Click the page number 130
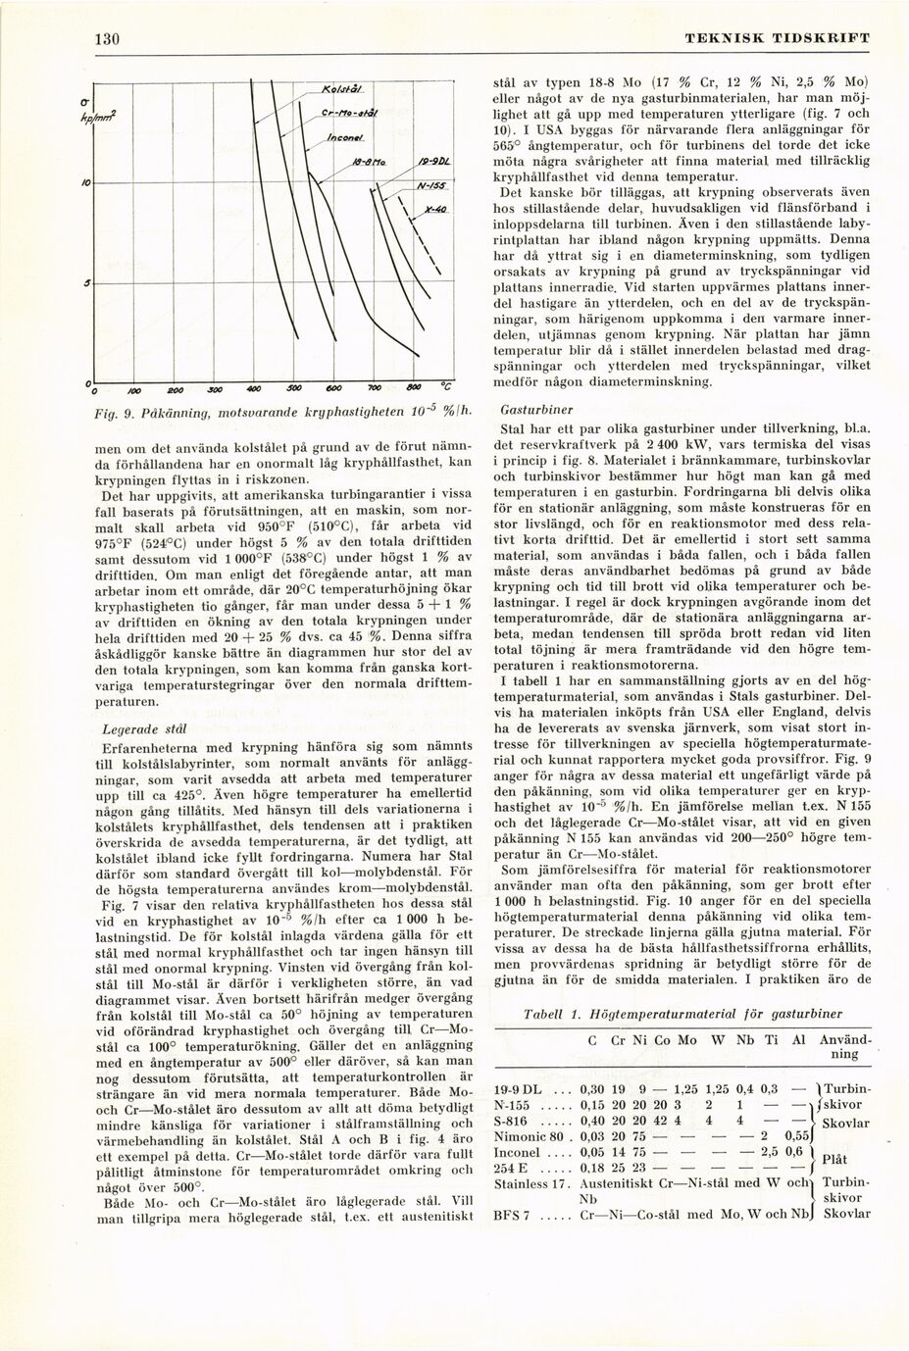[x=106, y=38]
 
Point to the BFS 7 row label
[x=513, y=1215]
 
